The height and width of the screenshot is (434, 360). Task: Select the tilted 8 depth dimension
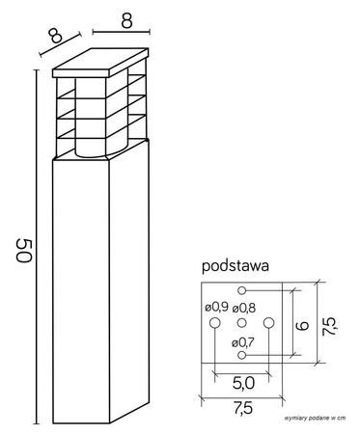[54, 37]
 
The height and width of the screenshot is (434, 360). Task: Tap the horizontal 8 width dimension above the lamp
[125, 19]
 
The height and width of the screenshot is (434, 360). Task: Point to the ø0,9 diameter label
[216, 309]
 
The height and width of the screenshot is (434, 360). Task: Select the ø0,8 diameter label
[244, 309]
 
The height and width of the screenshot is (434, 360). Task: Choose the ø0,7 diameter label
[242, 340]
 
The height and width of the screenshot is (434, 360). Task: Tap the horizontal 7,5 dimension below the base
[242, 408]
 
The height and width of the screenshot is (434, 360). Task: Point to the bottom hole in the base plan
[242, 355]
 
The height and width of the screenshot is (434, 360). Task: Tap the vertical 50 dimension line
[38, 251]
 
